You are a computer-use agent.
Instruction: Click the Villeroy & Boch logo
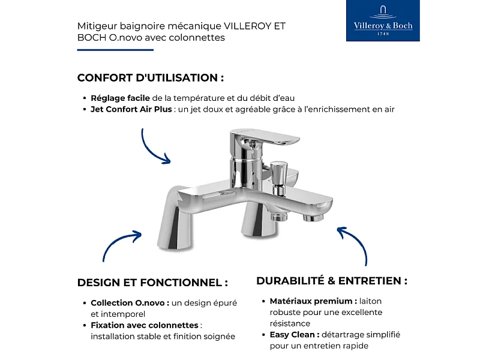[383, 21]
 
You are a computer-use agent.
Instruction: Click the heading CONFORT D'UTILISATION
[151, 78]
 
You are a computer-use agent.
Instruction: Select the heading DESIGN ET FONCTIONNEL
[152, 283]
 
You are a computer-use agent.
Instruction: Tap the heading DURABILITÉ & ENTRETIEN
[332, 281]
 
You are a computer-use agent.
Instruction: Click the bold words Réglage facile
[120, 98]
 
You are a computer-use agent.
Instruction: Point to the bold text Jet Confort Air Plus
[131, 109]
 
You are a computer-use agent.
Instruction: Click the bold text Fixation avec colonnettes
[145, 325]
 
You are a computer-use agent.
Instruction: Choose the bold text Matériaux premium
[313, 301]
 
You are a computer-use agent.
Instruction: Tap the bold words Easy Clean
[294, 335]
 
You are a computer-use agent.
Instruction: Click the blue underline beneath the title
[115, 50]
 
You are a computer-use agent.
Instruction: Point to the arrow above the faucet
[154, 147]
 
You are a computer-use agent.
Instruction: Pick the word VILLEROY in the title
[247, 26]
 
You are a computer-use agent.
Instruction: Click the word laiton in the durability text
[371, 301]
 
